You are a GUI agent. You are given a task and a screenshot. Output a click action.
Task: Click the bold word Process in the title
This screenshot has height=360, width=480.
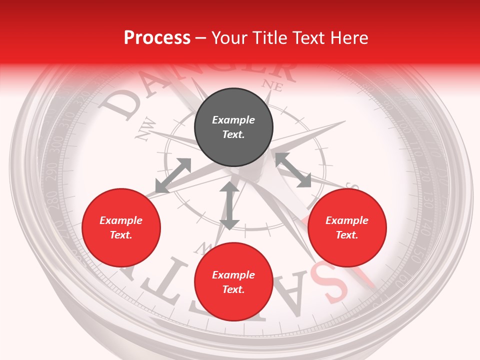pyautogui.click(x=157, y=37)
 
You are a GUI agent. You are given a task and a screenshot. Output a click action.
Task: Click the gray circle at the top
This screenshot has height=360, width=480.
pyautogui.click(x=233, y=127)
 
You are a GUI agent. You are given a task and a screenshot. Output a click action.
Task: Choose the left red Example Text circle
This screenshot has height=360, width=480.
pyautogui.click(x=121, y=227)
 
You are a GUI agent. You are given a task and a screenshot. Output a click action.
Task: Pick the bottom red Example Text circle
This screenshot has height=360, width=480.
pyautogui.click(x=233, y=282)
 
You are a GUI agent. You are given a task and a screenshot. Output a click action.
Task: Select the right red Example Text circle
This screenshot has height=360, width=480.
pyautogui.click(x=347, y=227)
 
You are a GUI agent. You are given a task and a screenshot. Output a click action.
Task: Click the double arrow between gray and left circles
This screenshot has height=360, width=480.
pyautogui.click(x=173, y=175)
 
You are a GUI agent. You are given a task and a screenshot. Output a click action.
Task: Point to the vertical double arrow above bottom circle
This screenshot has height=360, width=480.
pyautogui.click(x=229, y=205)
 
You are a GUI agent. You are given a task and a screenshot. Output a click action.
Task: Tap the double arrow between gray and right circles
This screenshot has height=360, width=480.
pyautogui.click(x=293, y=170)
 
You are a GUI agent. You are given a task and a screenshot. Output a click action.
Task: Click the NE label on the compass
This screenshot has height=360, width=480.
pyautogui.click(x=272, y=85)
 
